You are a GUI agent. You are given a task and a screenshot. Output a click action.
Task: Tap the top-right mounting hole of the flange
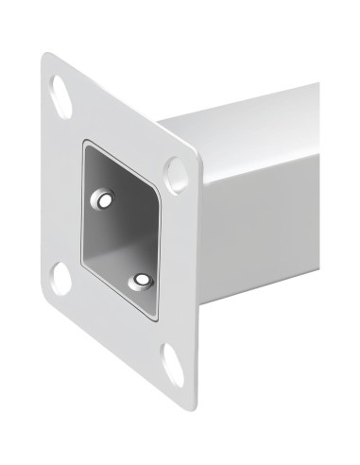point(176,173)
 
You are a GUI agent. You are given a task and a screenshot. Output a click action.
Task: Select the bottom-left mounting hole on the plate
point(60,276)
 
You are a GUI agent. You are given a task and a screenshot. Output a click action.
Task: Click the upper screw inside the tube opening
point(103,200)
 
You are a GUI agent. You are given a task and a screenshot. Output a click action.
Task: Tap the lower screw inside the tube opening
point(142,281)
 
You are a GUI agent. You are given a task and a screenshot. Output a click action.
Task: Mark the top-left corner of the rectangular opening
point(84,145)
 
